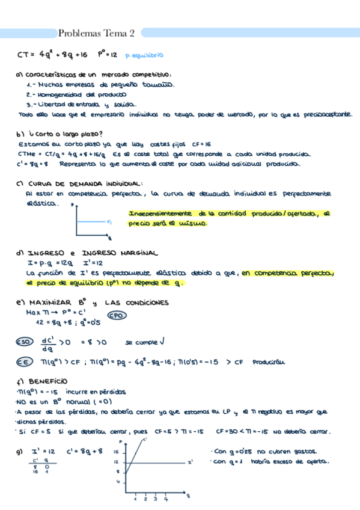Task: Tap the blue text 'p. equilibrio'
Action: tap(144, 55)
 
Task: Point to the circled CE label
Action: tap(24, 362)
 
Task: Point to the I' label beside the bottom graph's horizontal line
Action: tap(189, 462)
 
